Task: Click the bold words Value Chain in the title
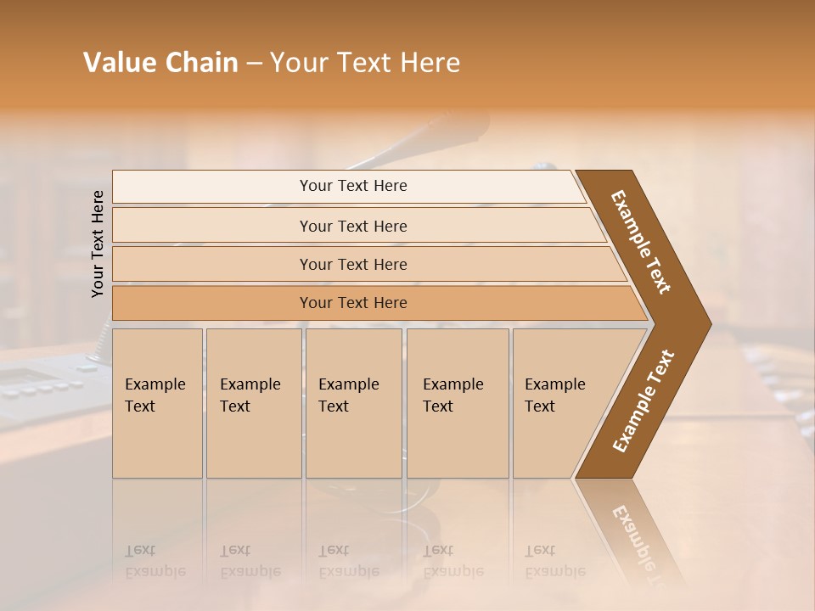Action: pos(160,63)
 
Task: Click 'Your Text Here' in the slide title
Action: pos(365,63)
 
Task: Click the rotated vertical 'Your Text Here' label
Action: pos(98,244)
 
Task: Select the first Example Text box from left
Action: pos(157,403)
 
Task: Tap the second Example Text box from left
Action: pos(254,403)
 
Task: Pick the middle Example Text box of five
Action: pos(353,403)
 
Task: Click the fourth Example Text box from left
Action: pos(458,403)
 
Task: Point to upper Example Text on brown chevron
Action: pos(641,242)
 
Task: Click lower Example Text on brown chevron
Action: pos(644,401)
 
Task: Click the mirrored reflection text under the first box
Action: pos(155,561)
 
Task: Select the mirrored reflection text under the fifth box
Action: pos(554,561)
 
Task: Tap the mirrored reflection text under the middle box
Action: pos(348,561)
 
